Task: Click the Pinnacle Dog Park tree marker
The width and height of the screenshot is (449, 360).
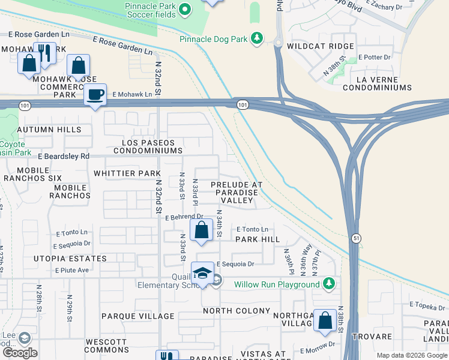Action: tap(257, 39)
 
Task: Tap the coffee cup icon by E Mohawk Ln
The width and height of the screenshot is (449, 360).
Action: tap(95, 95)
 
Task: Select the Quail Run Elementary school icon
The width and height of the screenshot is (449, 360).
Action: tap(202, 274)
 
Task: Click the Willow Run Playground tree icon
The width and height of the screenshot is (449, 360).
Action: tap(328, 283)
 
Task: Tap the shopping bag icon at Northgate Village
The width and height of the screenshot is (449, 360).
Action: tap(325, 320)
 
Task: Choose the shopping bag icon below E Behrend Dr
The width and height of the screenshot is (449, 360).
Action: tap(202, 230)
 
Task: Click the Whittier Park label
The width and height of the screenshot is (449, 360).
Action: tap(127, 173)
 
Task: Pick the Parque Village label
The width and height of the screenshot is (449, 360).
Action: tap(138, 316)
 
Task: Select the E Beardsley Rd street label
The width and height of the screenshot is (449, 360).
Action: tap(64, 156)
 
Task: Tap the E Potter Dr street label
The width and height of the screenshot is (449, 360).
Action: tap(375, 57)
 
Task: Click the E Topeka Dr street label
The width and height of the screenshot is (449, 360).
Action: tap(427, 305)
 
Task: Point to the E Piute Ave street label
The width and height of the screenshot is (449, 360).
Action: tap(72, 271)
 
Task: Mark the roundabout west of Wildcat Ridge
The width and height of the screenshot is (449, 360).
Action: tap(279, 42)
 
